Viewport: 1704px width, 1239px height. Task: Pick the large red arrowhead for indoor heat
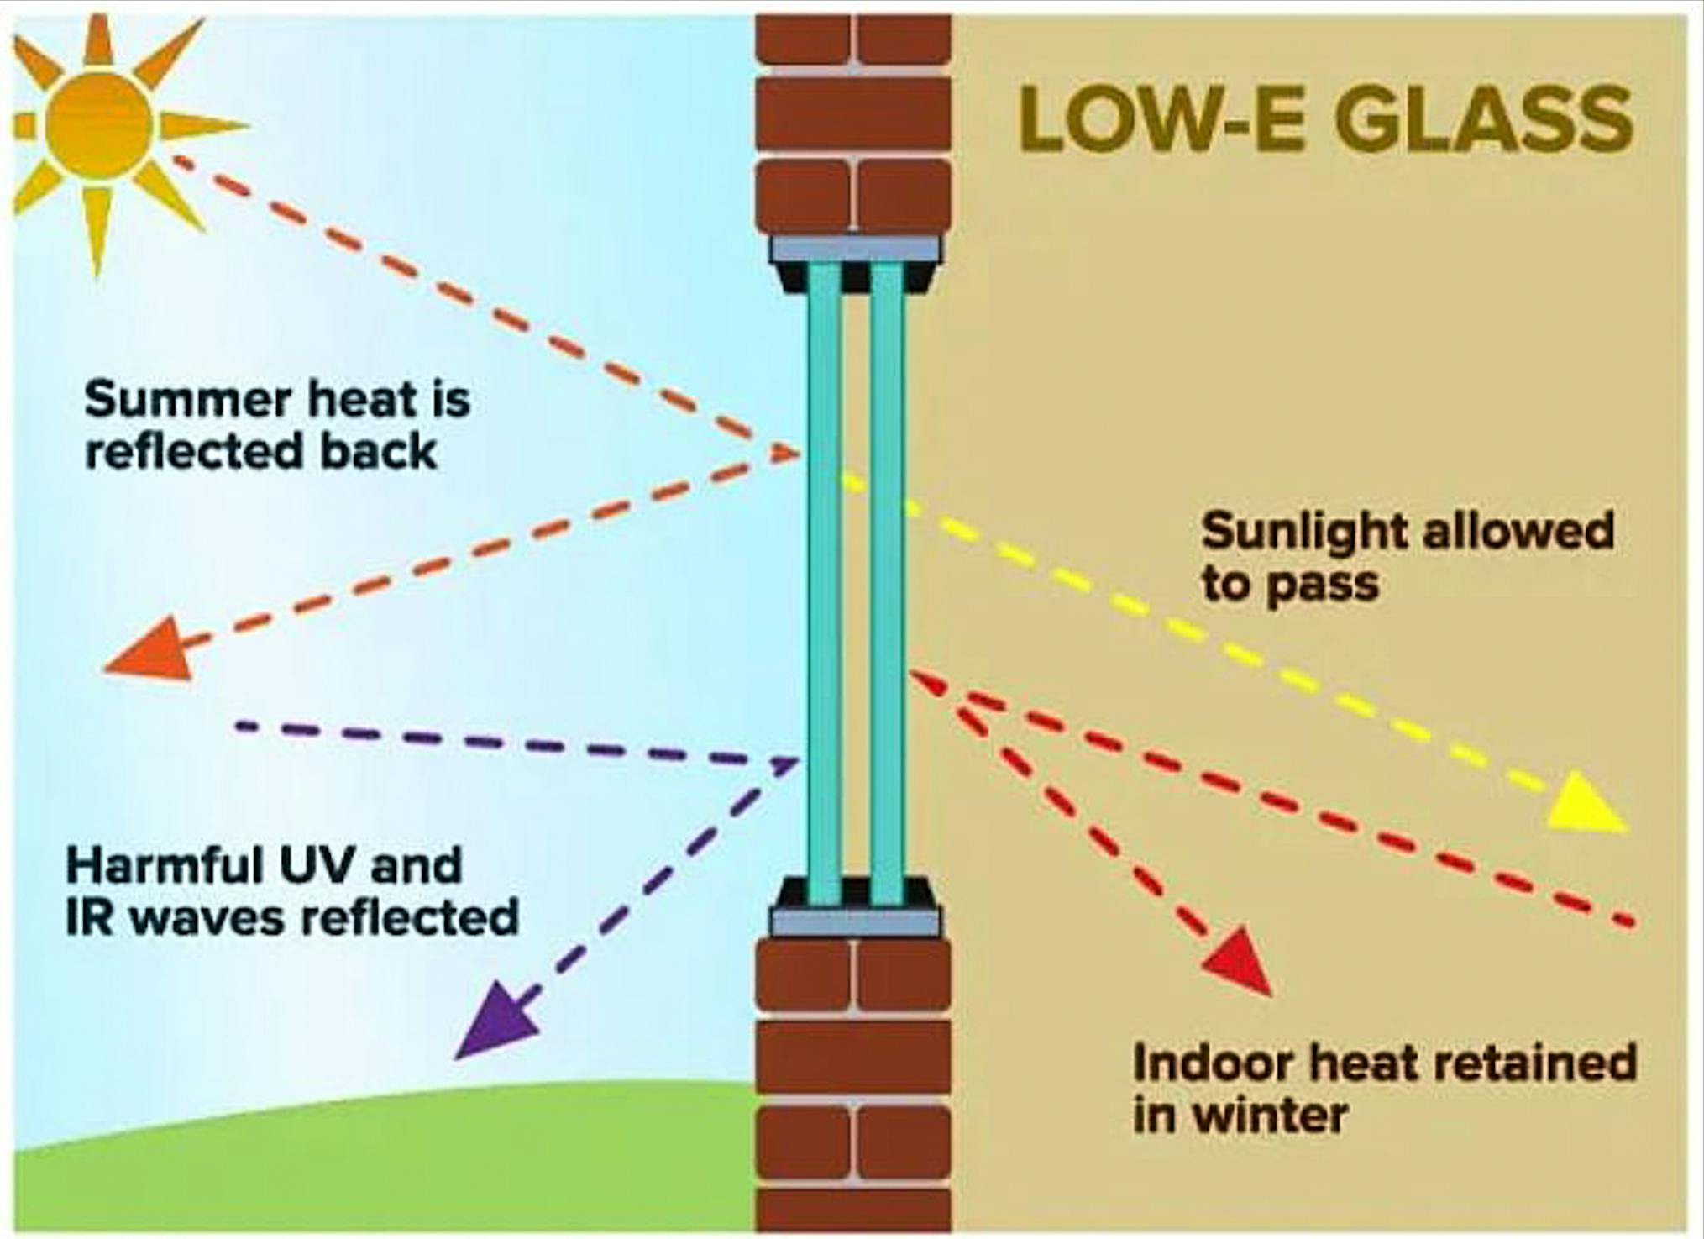click(x=1239, y=962)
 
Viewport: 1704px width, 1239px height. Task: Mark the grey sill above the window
click(x=855, y=249)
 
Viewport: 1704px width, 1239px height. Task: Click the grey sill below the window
click(x=855, y=922)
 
